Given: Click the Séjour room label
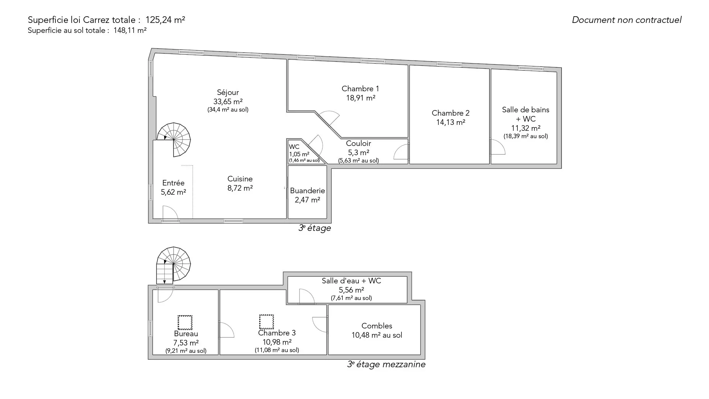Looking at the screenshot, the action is point(228,92).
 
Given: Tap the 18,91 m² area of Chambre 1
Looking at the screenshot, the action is point(360,98).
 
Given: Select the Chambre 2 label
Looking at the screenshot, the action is point(451,113).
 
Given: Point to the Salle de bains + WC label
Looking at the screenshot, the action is point(525,114).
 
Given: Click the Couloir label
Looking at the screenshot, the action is point(358,143).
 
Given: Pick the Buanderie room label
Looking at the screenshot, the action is point(307,191).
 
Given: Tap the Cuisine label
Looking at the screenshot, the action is point(240,179).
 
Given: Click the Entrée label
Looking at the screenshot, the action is point(173,183).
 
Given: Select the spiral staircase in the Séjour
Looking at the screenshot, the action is point(174,140).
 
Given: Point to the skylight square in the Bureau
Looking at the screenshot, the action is point(185,322).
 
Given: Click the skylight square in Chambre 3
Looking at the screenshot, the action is point(266,321).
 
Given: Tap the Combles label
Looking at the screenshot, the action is point(377,326).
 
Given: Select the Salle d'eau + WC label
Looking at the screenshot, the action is point(351,281).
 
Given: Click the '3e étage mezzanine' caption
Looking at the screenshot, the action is point(386,364).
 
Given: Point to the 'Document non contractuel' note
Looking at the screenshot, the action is point(627,20).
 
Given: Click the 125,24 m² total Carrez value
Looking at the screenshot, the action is point(165,20).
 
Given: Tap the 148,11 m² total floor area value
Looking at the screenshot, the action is point(130,30).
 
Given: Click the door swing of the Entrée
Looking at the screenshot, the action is point(170,213).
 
